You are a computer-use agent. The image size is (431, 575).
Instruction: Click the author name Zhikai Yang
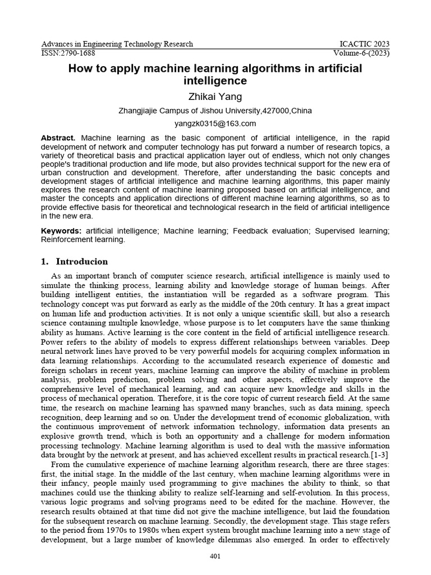(215, 97)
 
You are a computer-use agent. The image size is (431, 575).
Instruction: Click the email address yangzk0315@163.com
(215, 124)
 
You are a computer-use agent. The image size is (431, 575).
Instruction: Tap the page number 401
(215, 556)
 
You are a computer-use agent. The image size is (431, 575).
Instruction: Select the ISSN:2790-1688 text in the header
(68, 53)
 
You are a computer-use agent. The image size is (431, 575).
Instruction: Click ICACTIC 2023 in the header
(365, 44)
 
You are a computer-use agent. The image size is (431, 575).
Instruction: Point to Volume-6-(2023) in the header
(361, 53)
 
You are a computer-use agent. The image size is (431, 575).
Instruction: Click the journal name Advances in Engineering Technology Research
(117, 44)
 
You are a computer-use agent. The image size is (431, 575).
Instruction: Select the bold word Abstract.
(58, 138)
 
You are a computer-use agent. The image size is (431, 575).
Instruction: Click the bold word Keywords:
(61, 231)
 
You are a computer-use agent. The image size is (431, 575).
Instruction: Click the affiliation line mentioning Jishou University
(215, 111)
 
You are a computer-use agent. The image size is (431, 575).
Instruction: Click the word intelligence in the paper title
(215, 81)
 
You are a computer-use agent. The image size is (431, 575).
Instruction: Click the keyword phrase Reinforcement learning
(82, 240)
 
